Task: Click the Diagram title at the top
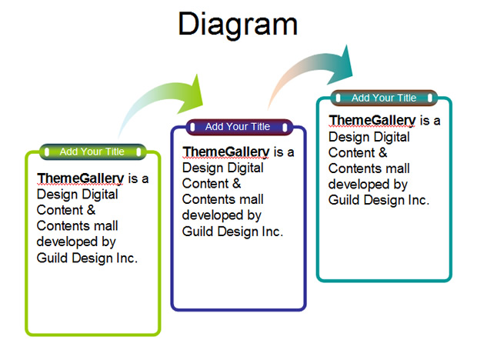tap(238, 25)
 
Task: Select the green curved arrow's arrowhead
tap(192, 95)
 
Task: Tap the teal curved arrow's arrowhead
tap(342, 65)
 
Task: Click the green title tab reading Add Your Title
tap(92, 152)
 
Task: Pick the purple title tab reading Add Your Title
tap(239, 127)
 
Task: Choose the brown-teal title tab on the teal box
tap(384, 98)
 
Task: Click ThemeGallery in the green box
tap(81, 178)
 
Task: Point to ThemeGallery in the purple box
tap(226, 152)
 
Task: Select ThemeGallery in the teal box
tap(372, 120)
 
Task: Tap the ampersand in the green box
tap(91, 210)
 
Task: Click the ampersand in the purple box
tap(236, 184)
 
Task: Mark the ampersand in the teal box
tap(382, 152)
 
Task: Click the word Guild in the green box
tap(52, 258)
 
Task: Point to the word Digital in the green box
tap(100, 195)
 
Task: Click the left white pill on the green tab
tap(47, 152)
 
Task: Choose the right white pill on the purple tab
tap(285, 127)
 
